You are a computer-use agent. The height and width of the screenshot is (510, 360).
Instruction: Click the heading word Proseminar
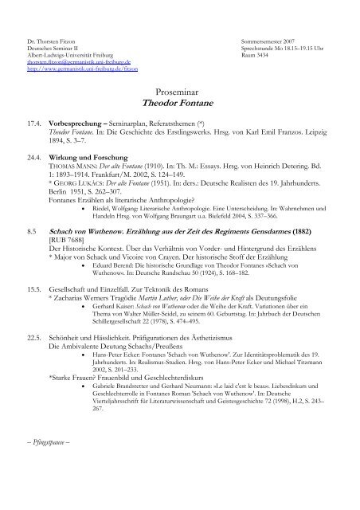coord(180,93)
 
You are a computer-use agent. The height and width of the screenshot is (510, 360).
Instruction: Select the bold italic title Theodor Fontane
coord(180,104)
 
